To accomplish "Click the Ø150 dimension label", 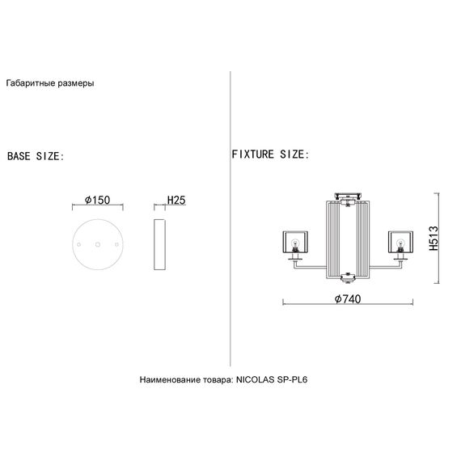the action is coord(97,200).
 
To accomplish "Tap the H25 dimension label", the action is coord(176,200).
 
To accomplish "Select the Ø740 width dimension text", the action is coord(348,298).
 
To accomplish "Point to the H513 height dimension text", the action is coord(434,238).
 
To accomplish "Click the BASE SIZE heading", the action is coord(36,156).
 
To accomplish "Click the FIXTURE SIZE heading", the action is coord(270,154).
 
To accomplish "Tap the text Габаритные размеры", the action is coord(50,83).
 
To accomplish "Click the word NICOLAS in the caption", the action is coord(256,379).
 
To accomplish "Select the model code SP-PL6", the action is coord(292,379).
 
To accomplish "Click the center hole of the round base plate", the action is coord(98,244).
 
